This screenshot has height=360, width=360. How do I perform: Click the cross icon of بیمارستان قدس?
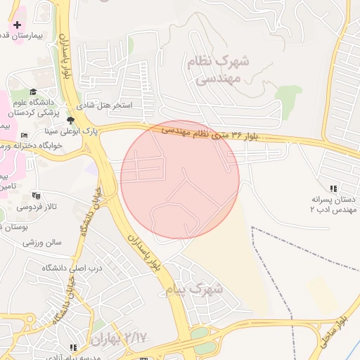[18, 25]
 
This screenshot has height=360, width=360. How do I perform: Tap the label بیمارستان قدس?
[31, 34]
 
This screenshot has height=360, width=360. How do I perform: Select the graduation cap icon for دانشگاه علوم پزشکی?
[32, 91]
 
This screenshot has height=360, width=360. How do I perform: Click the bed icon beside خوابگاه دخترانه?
[25, 135]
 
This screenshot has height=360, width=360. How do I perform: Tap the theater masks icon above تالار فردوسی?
[37, 195]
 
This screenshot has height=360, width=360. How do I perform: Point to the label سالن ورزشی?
[42, 243]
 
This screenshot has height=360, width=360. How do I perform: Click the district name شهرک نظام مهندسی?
[214, 70]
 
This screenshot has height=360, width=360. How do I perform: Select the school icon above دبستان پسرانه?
[333, 188]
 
